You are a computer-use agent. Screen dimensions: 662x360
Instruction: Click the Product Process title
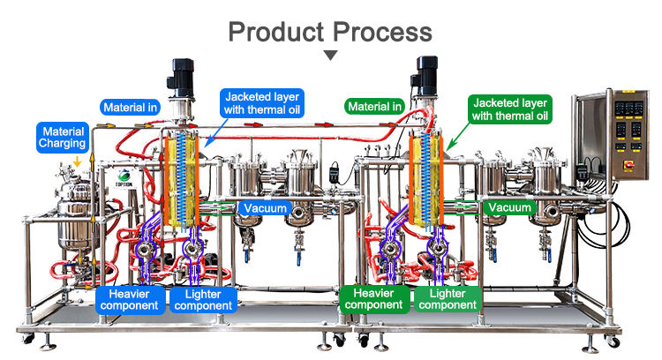tap(330, 32)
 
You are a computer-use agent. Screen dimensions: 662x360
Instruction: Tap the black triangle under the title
tap(331, 56)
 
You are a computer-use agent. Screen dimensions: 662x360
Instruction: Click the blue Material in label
tap(130, 108)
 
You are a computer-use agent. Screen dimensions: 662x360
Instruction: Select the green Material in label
tap(374, 107)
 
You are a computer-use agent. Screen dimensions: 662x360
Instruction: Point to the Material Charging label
tap(62, 137)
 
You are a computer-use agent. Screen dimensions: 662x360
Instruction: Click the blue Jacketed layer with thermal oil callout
tap(262, 103)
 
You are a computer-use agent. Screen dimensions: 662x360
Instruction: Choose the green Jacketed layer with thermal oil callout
tap(510, 109)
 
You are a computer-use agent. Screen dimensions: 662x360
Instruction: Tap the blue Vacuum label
tap(265, 208)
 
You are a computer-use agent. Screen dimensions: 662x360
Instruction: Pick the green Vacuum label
tap(509, 207)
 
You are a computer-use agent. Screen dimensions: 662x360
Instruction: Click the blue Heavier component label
tap(129, 300)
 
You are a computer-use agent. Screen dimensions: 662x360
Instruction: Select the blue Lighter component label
tap(203, 300)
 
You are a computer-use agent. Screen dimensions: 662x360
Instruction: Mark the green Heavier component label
tap(374, 299)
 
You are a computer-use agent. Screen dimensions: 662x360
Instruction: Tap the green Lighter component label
tap(448, 299)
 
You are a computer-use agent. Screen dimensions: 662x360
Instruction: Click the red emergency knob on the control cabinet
tap(628, 165)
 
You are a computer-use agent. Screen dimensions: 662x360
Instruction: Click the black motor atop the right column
tap(425, 76)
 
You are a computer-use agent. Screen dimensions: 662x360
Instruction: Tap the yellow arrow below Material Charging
tap(77, 161)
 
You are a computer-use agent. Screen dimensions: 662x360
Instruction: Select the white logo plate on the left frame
tap(124, 178)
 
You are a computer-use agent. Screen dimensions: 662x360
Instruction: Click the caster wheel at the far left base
tap(29, 339)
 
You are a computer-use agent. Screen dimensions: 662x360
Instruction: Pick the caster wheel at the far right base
tap(612, 341)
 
